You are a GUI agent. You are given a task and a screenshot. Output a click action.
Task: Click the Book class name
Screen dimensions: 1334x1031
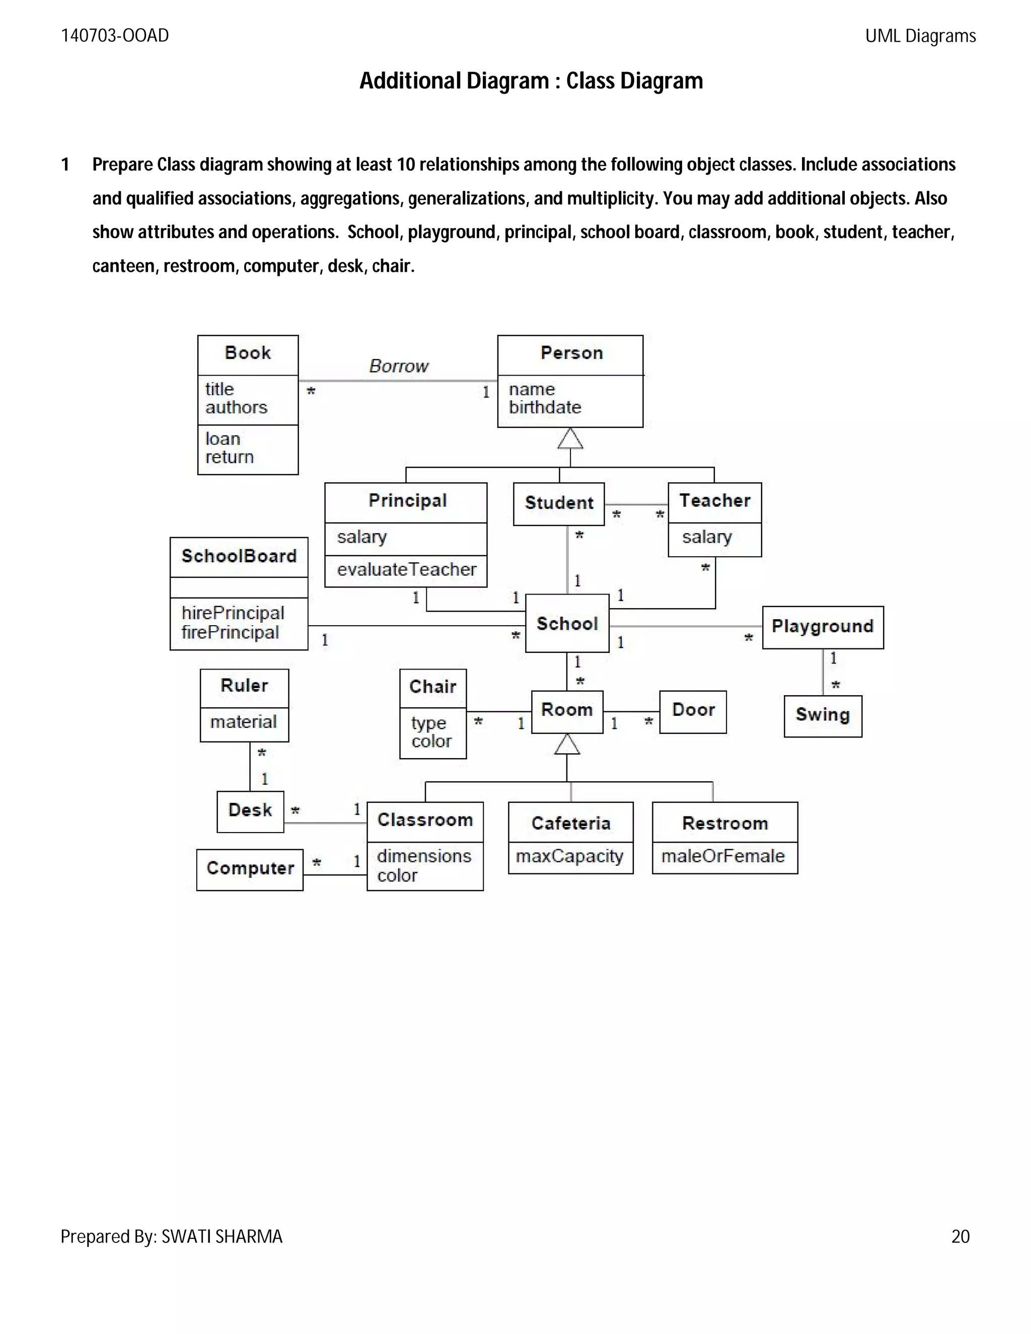[x=247, y=353]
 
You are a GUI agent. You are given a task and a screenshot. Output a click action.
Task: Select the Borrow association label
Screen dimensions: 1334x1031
[x=398, y=366]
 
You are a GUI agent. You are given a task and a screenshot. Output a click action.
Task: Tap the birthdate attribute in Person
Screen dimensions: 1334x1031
[x=545, y=407]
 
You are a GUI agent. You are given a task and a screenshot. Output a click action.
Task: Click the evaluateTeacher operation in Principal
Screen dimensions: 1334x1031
[x=406, y=569]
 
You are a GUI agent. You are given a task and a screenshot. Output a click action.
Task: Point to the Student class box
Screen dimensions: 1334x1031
[x=559, y=503]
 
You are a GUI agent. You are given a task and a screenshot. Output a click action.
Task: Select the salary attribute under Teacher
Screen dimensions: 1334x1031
[x=707, y=537]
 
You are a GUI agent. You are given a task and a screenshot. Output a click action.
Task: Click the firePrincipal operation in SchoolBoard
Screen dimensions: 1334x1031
[x=230, y=632]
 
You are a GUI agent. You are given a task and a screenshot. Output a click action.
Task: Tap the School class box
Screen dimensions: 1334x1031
[x=567, y=624]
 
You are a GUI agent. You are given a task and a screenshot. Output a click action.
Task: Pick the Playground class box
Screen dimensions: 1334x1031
[x=822, y=627]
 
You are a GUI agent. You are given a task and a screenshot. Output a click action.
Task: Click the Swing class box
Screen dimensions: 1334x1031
[x=822, y=715]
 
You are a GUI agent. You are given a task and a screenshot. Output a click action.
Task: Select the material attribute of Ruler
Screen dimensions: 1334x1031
[x=243, y=722]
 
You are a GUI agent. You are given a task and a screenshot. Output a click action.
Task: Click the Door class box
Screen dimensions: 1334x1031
[x=693, y=710]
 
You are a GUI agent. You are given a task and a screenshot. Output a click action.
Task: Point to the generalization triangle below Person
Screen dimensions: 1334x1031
[x=570, y=438]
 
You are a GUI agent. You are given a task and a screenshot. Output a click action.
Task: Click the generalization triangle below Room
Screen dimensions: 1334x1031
[x=567, y=744]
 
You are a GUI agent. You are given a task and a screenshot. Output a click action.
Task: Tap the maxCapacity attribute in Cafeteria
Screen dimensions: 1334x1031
[x=569, y=856]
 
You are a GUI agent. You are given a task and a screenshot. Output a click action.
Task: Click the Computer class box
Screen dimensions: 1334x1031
[x=250, y=868]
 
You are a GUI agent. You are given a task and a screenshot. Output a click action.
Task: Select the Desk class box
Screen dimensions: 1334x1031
[x=250, y=810]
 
